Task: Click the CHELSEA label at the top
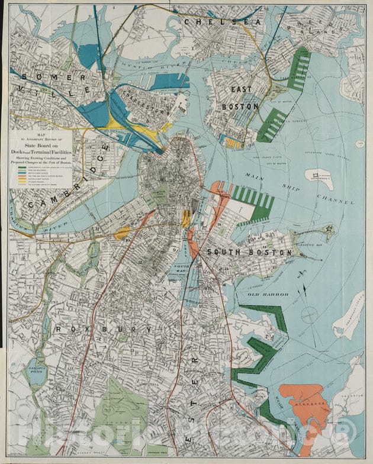(222, 22)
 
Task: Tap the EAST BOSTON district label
(240, 98)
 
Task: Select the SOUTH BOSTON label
(249, 252)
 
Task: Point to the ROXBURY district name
(104, 328)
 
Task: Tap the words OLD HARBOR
(268, 294)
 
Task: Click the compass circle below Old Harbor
(310, 314)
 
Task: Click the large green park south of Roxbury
(118, 408)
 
